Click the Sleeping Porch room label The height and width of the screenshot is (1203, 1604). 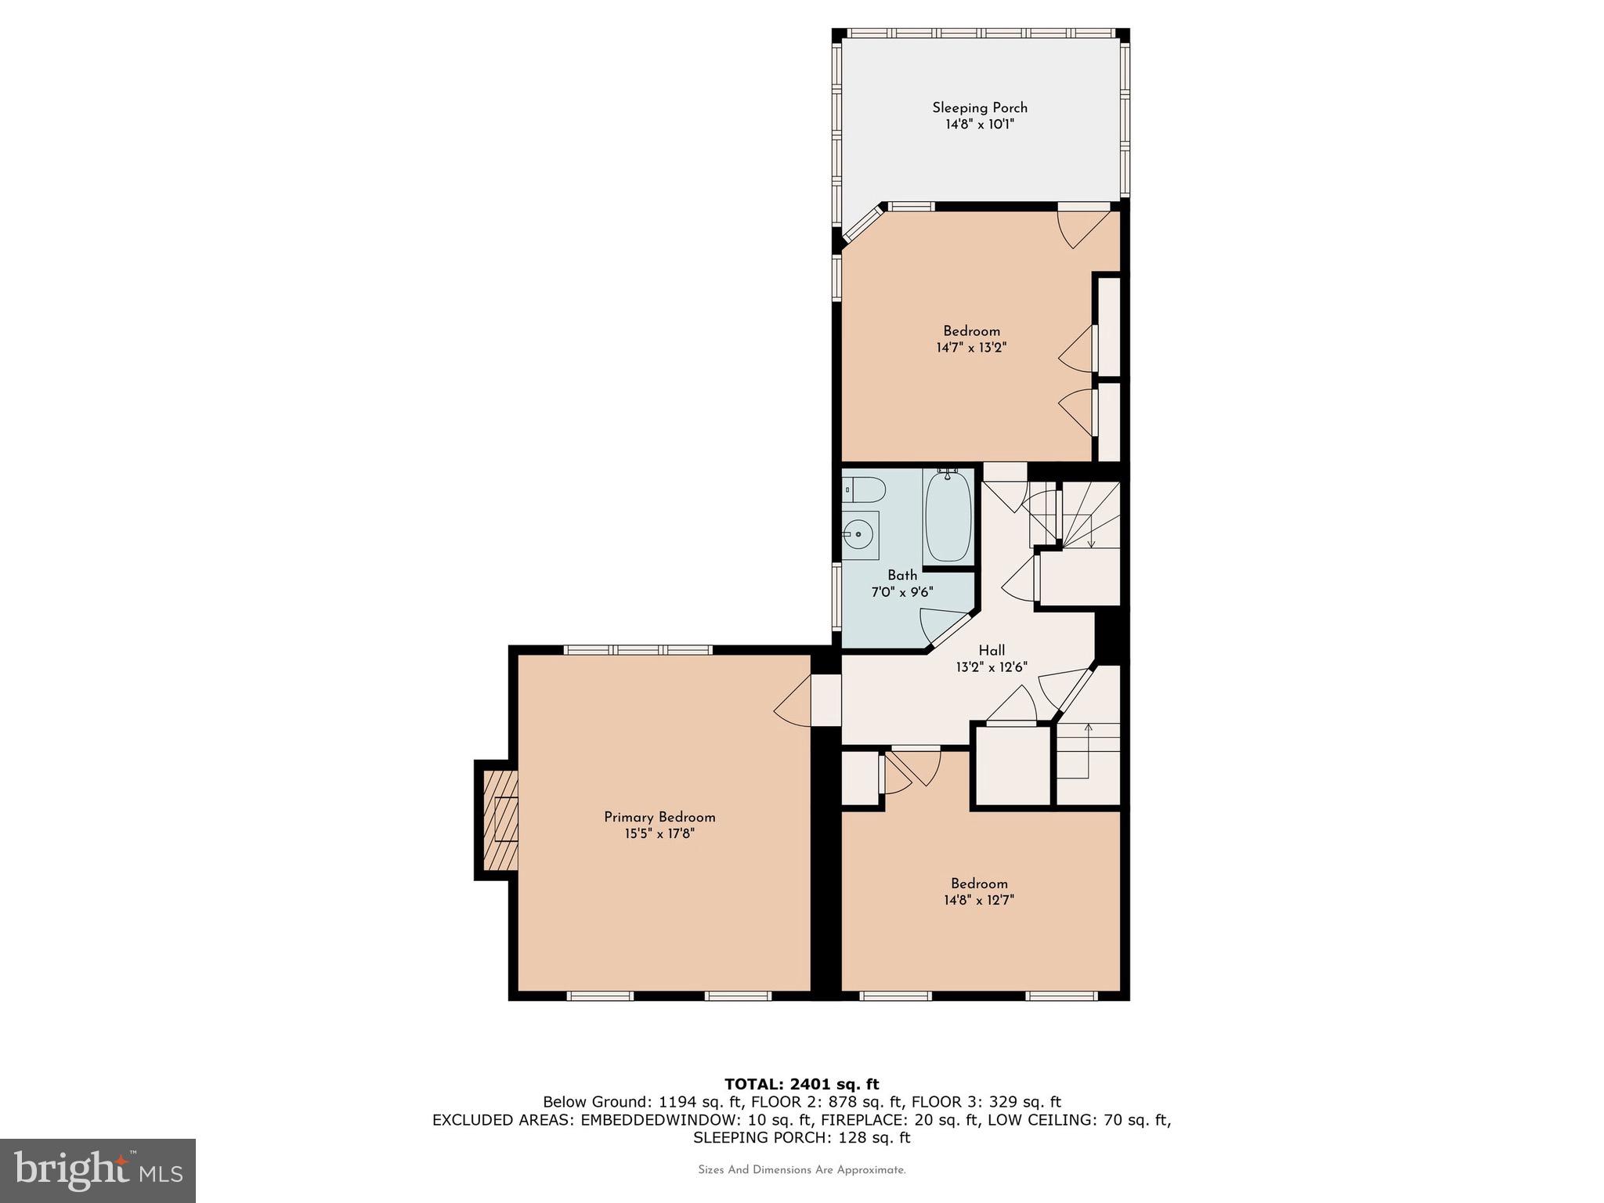click(x=979, y=108)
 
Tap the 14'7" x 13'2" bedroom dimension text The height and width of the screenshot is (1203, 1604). click(x=971, y=348)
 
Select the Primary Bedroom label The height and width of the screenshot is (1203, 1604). click(x=659, y=817)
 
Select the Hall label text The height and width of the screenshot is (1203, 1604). click(x=992, y=650)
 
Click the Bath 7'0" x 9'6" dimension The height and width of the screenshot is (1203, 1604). click(x=902, y=592)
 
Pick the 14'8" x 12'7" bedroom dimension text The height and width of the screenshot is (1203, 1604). click(x=979, y=901)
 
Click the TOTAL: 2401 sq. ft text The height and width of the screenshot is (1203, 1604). click(x=801, y=1084)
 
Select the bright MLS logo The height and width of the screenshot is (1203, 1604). click(x=98, y=1170)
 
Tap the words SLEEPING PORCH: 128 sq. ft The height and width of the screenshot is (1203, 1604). click(x=801, y=1137)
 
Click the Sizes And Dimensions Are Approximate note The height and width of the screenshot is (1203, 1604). click(x=801, y=1170)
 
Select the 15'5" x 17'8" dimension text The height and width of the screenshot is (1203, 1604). click(x=659, y=834)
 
